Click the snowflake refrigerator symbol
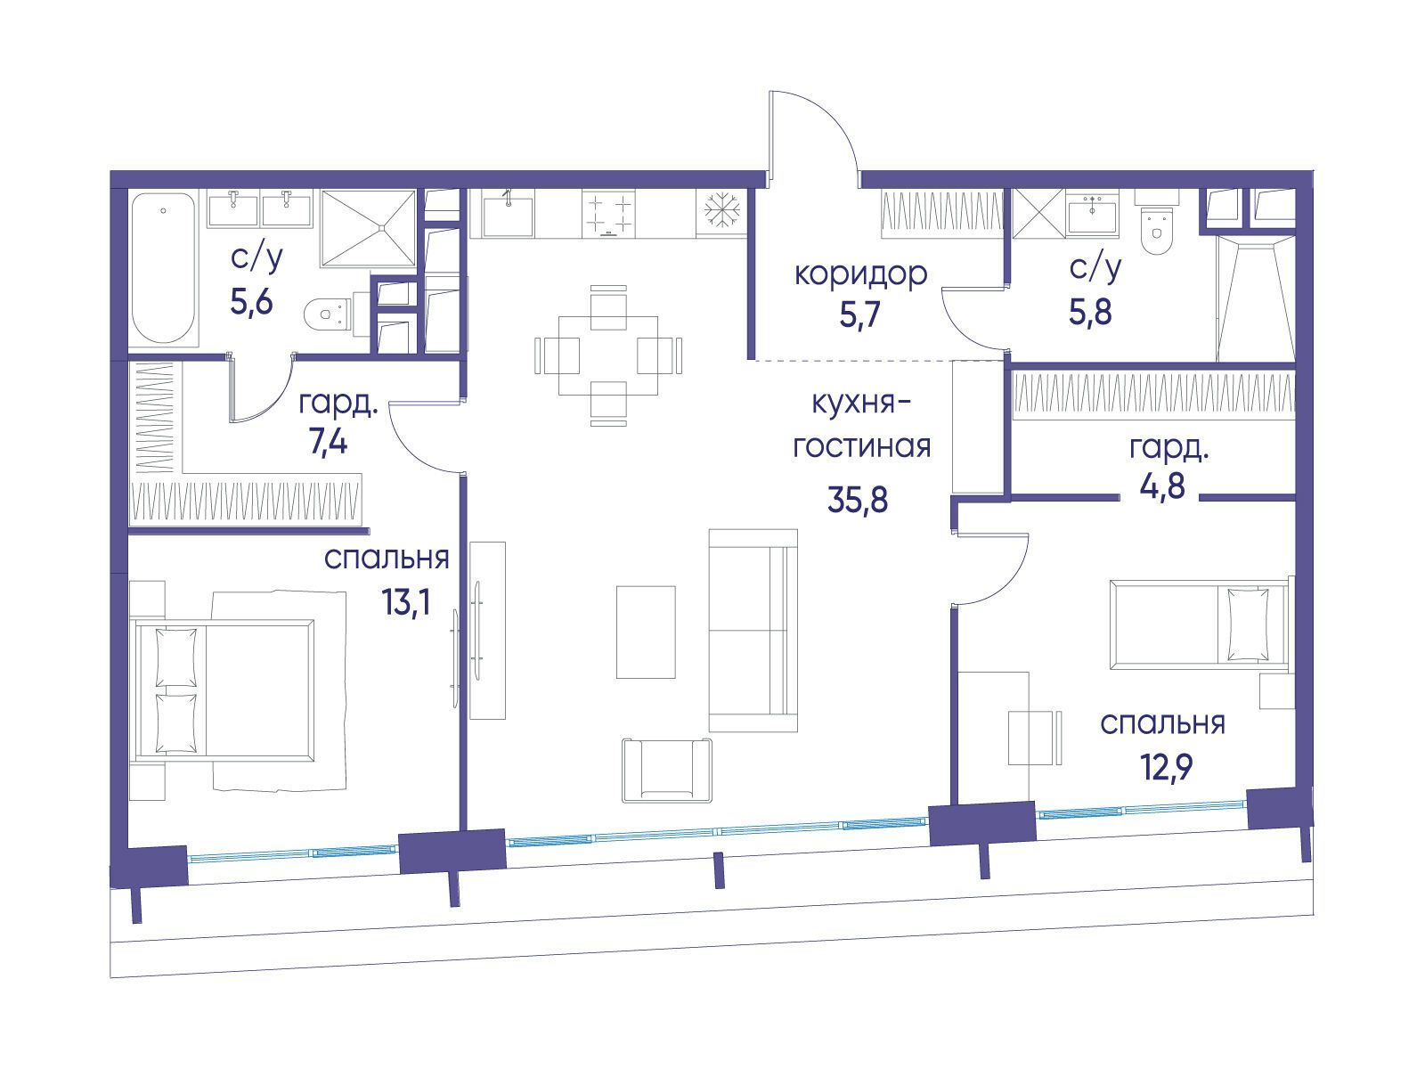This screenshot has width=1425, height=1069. pyautogui.click(x=721, y=212)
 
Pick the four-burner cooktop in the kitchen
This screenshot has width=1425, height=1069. pyautogui.click(x=608, y=213)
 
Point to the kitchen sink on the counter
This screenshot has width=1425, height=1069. pyautogui.click(x=508, y=213)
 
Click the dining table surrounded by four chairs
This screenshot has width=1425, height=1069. pyautogui.click(x=607, y=355)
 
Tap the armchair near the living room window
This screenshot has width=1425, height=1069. pyautogui.click(x=667, y=770)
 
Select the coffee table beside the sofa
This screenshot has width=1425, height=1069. pyautogui.click(x=646, y=632)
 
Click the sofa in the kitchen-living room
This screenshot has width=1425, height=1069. pyautogui.click(x=753, y=630)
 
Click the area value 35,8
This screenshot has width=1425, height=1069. pyautogui.click(x=858, y=500)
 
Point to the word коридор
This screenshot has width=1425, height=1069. pyautogui.click(x=861, y=275)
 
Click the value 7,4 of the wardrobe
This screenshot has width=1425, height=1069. pyautogui.click(x=329, y=443)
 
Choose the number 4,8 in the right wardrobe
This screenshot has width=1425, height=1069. pyautogui.click(x=1162, y=486)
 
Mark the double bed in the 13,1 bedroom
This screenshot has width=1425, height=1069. pyautogui.click(x=224, y=690)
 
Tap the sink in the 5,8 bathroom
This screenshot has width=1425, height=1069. pyautogui.click(x=1094, y=211)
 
